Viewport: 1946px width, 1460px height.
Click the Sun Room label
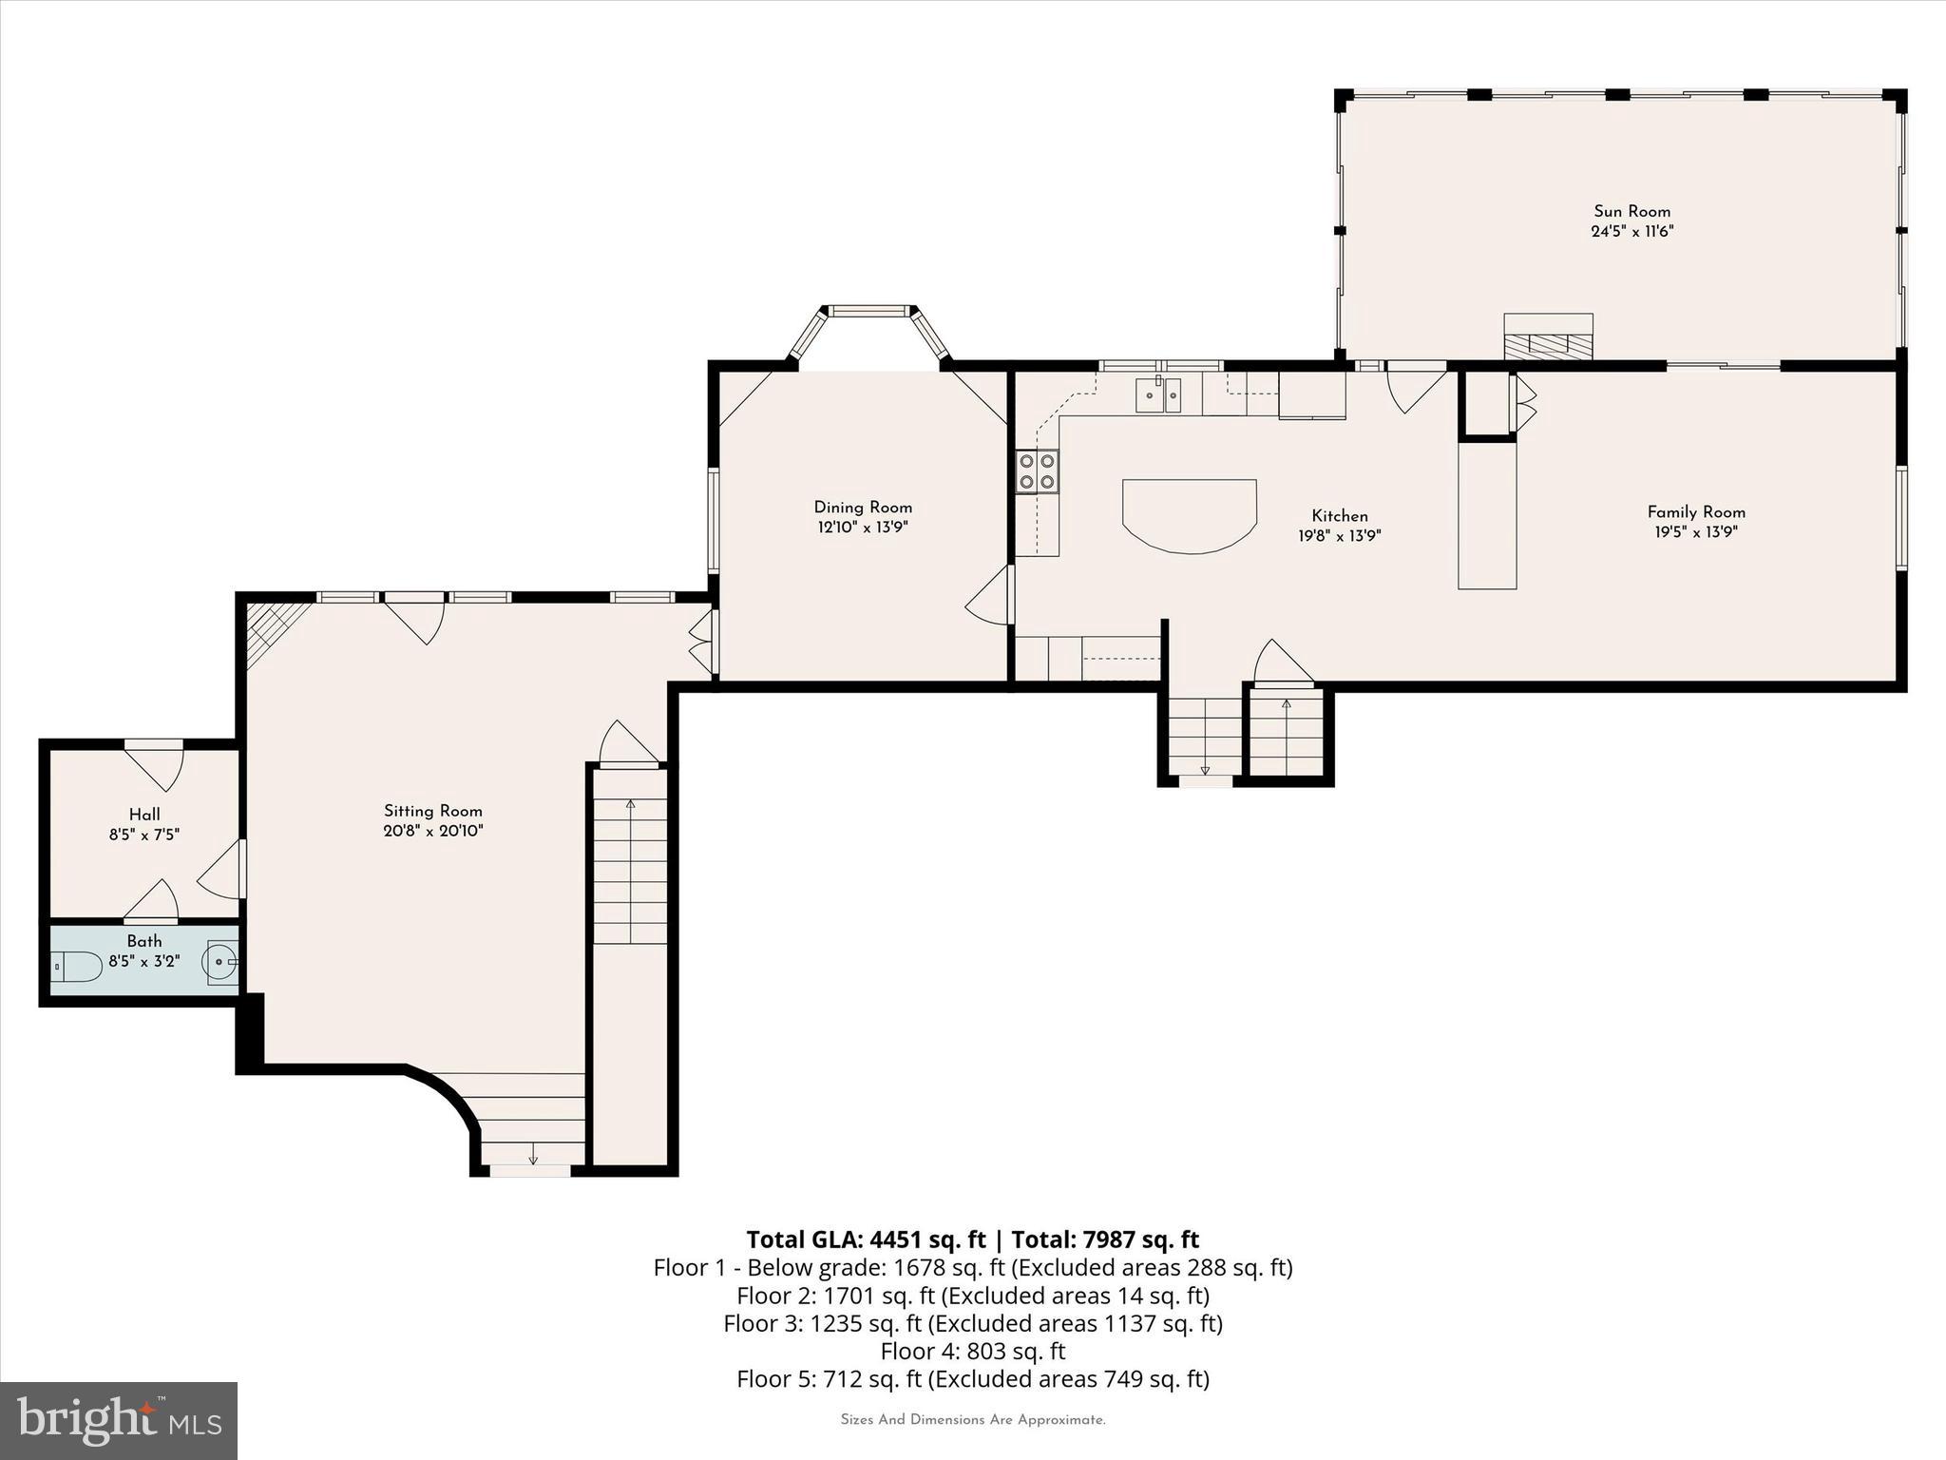point(1631,211)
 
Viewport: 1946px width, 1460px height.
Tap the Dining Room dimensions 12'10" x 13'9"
point(863,528)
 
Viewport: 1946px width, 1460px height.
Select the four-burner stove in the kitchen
point(1038,471)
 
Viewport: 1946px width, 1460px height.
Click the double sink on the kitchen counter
point(1158,394)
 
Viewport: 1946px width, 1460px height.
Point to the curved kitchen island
point(1190,513)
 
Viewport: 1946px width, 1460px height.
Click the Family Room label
point(1696,511)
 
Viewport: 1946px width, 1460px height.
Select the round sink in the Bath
point(219,962)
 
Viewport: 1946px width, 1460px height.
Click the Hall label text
point(144,815)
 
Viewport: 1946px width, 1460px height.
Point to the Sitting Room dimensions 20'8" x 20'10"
point(432,831)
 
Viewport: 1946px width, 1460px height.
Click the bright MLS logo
point(119,1420)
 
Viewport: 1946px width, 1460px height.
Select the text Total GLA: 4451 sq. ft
point(866,1239)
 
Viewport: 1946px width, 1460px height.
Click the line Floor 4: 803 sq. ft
point(972,1351)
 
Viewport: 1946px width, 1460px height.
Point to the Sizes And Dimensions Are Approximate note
point(972,1420)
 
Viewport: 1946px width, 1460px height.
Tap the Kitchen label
point(1340,516)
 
